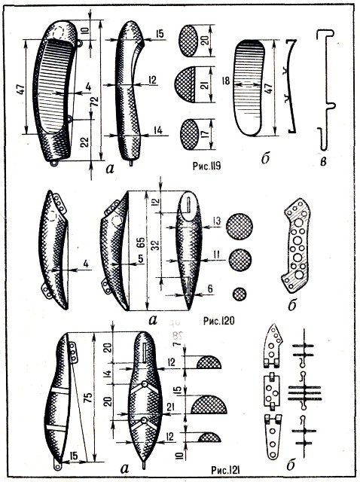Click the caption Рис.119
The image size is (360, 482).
point(207,166)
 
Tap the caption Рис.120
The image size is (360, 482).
point(218,321)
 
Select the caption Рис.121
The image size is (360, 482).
point(226,471)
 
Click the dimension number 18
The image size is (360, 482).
point(226,81)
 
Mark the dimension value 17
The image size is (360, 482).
point(206,134)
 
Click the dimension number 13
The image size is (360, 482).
point(217,221)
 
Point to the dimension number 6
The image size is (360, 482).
point(210,288)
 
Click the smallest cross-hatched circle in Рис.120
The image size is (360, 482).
point(239,294)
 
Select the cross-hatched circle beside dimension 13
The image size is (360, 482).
point(239,227)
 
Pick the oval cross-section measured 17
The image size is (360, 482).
point(189,134)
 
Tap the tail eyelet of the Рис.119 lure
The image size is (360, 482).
point(54,163)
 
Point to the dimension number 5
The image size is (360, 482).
point(141,259)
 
